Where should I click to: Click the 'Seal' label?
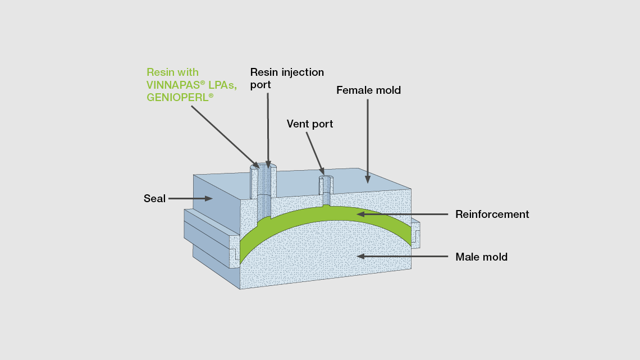click(154, 198)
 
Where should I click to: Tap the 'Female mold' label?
click(368, 90)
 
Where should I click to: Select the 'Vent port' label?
click(309, 124)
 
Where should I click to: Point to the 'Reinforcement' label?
click(492, 214)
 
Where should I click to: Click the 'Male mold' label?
click(481, 257)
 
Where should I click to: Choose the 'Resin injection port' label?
click(286, 78)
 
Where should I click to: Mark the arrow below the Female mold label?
click(368, 140)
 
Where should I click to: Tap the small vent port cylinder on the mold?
click(326, 185)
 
